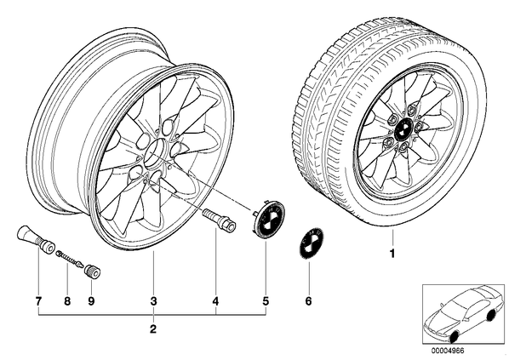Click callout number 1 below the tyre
click(x=392, y=253)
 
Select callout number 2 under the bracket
click(x=153, y=329)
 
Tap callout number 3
click(x=153, y=301)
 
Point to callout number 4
click(x=215, y=301)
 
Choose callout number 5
click(x=266, y=301)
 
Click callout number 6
click(x=308, y=301)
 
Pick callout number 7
click(x=38, y=301)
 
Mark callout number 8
click(x=67, y=301)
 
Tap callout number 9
click(x=91, y=301)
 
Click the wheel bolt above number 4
click(x=219, y=220)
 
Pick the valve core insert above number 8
click(x=70, y=259)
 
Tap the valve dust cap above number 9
click(x=92, y=271)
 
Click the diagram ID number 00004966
click(x=448, y=351)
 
